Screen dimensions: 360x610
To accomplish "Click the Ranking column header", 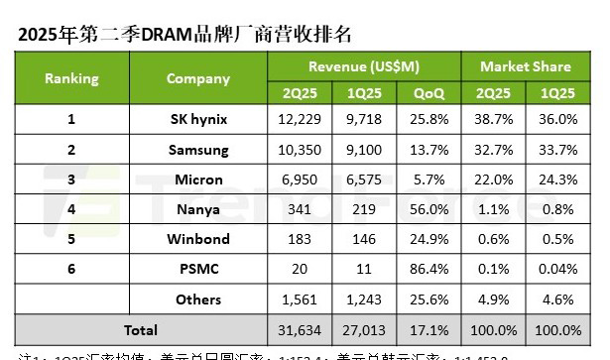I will coord(70,77).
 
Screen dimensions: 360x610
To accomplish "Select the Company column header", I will coord(198,77).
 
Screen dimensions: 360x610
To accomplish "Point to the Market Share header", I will coord(525,66).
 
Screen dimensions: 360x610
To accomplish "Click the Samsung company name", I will coord(198,150).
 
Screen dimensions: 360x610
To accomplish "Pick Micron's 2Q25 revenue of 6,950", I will coord(301,180).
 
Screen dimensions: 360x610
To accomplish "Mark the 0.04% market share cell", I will coord(557,269).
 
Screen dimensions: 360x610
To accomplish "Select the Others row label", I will coord(198,299).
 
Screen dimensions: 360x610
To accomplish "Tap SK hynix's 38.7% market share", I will coord(492,119).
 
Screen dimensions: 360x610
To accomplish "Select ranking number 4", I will coord(70,209).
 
